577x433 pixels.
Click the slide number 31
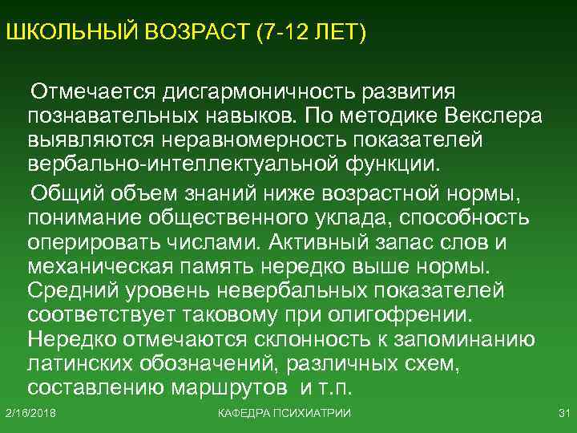562,413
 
